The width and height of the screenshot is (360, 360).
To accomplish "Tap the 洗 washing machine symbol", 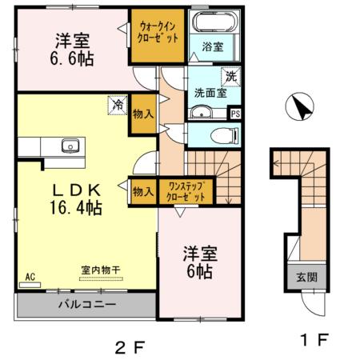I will (x=230, y=78).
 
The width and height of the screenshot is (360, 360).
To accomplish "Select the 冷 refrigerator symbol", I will (x=117, y=103).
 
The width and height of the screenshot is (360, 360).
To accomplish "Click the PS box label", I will (x=234, y=114).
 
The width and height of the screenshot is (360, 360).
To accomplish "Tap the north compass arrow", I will (x=301, y=107).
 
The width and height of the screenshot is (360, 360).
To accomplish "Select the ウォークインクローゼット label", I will (x=158, y=33).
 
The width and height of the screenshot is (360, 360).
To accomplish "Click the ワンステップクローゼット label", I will (x=185, y=191).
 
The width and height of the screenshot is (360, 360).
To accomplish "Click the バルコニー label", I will (x=86, y=305).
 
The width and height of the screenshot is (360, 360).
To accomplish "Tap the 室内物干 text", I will (x=100, y=271).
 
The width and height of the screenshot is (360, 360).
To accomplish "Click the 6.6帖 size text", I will (x=72, y=58).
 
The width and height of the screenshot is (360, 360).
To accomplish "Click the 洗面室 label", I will (x=210, y=92).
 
